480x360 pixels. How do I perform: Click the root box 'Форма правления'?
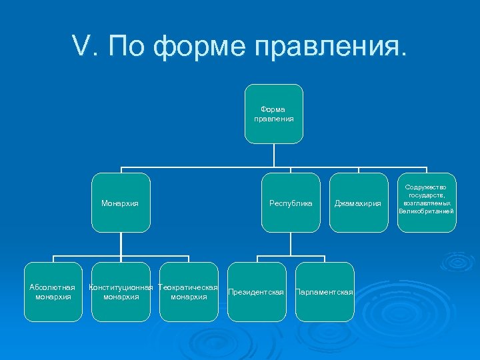pyautogui.click(x=273, y=114)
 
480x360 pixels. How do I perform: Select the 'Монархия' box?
pyautogui.click(x=121, y=203)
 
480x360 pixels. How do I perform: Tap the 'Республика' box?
pyautogui.click(x=291, y=203)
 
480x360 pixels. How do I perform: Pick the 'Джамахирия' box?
pyautogui.click(x=358, y=203)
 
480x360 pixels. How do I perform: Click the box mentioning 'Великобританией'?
pyautogui.click(x=427, y=203)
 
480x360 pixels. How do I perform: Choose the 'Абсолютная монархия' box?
pyautogui.click(x=53, y=292)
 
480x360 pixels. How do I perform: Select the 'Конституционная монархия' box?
pyautogui.click(x=121, y=292)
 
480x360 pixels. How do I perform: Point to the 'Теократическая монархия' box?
pyautogui.click(x=189, y=292)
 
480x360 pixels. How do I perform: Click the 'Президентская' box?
pyautogui.click(x=256, y=292)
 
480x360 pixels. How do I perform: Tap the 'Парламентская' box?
pyautogui.click(x=324, y=292)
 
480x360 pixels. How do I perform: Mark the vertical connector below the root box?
pyautogui.click(x=273, y=155)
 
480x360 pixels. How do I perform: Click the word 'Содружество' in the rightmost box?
pyautogui.click(x=427, y=188)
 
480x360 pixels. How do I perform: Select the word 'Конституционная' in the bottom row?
pyautogui.click(x=121, y=287)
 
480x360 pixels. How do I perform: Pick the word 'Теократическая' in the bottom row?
pyautogui.click(x=189, y=287)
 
